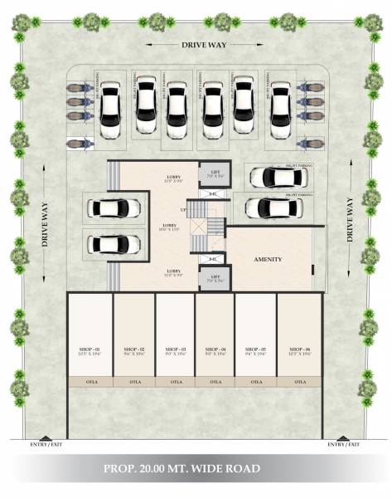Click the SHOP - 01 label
tap(90, 349)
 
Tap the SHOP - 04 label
tap(215, 349)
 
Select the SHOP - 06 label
tap(298, 349)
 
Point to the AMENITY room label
tap(268, 260)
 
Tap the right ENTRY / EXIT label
tap(343, 445)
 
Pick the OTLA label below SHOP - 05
tap(257, 383)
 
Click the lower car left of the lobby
tap(114, 244)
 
